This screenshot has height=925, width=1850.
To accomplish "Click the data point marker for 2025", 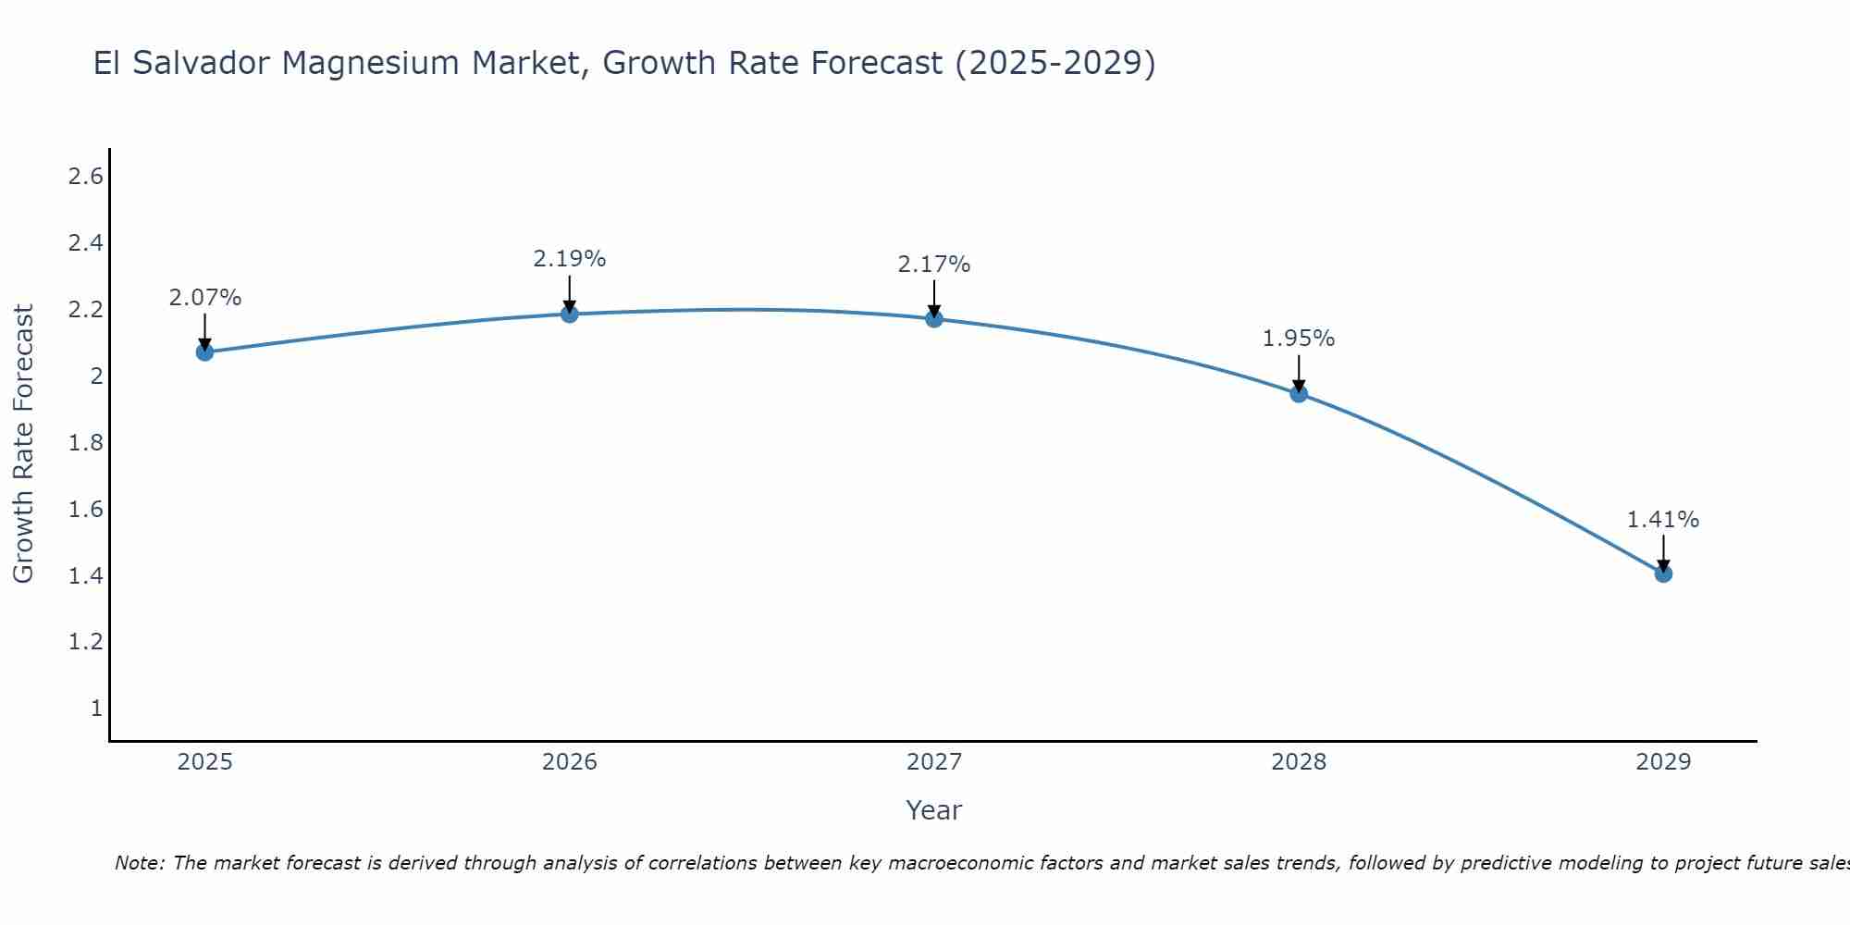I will click(204, 351).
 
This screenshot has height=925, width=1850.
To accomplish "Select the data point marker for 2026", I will click(569, 314).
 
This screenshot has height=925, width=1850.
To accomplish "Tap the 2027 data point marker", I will click(933, 318).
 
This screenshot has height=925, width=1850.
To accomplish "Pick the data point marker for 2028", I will click(1298, 393).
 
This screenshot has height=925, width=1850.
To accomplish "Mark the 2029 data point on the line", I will click(1662, 573).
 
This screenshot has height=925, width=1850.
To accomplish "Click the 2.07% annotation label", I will click(204, 298).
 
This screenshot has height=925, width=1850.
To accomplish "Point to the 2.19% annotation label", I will click(569, 259).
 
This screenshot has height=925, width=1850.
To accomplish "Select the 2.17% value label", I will click(933, 265).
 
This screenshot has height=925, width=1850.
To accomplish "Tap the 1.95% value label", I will click(1298, 339).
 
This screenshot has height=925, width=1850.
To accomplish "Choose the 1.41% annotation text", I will click(1662, 520).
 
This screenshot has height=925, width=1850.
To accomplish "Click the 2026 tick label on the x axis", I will click(569, 762).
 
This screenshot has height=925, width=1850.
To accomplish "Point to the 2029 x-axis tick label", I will click(1662, 762).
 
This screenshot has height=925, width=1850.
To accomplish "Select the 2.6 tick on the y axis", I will click(85, 177).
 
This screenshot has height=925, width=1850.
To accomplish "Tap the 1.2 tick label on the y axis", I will click(85, 642).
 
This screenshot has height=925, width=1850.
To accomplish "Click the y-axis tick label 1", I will click(96, 709).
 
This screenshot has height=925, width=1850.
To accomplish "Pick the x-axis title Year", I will click(933, 810).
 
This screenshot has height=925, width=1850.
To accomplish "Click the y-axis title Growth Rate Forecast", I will click(23, 443).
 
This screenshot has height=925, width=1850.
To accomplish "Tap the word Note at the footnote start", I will click(139, 863).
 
